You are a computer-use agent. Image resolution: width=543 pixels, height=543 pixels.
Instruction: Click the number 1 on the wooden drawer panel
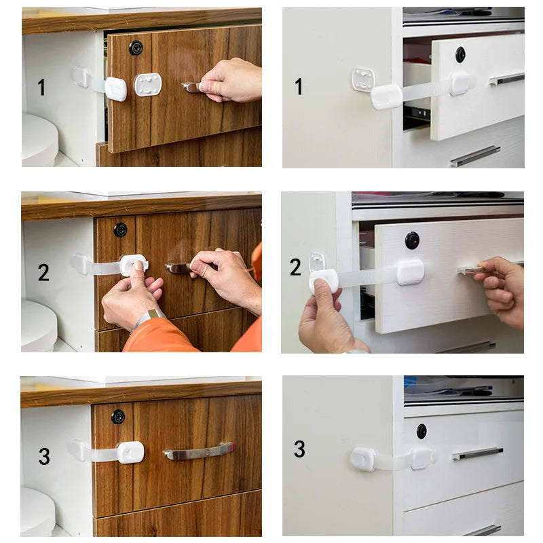pyautogui.click(x=42, y=87)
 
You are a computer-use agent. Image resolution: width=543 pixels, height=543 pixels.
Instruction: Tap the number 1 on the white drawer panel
pyautogui.click(x=298, y=86)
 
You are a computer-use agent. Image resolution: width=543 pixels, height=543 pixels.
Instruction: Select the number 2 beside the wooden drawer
pyautogui.click(x=43, y=273)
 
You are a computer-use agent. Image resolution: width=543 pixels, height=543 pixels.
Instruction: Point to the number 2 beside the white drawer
pyautogui.click(x=295, y=267)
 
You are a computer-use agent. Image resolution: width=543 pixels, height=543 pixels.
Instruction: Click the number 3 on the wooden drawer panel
pyautogui.click(x=44, y=456)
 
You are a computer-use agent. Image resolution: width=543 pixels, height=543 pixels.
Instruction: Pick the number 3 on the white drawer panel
pyautogui.click(x=299, y=449)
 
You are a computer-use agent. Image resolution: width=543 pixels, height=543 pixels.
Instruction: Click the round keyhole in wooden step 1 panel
pyautogui.click(x=136, y=48)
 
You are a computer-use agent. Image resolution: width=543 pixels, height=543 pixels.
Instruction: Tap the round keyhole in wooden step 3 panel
pyautogui.click(x=118, y=416)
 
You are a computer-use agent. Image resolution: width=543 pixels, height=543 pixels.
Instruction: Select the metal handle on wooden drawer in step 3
pyautogui.click(x=198, y=451)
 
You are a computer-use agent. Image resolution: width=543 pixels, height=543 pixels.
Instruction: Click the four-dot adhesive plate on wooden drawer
pyautogui.click(x=148, y=85)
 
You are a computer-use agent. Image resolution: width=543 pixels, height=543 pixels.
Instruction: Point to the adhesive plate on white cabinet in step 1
pyautogui.click(x=364, y=80)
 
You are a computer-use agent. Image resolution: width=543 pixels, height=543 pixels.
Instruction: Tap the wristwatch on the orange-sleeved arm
pyautogui.click(x=150, y=317)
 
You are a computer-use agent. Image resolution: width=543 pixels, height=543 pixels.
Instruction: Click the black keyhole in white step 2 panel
pyautogui.click(x=412, y=240)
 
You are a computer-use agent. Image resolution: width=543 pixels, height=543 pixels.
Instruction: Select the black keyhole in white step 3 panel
pyautogui.click(x=422, y=430)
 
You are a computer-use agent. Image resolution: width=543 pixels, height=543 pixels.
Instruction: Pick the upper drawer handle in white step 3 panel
pyautogui.click(x=478, y=453)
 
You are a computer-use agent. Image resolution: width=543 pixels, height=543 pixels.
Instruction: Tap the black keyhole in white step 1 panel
pyautogui.click(x=460, y=54)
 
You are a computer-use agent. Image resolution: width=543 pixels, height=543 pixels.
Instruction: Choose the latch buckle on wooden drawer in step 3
pyautogui.click(x=130, y=452)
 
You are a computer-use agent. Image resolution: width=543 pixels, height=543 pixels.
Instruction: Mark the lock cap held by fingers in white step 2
pyautogui.click(x=324, y=280)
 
